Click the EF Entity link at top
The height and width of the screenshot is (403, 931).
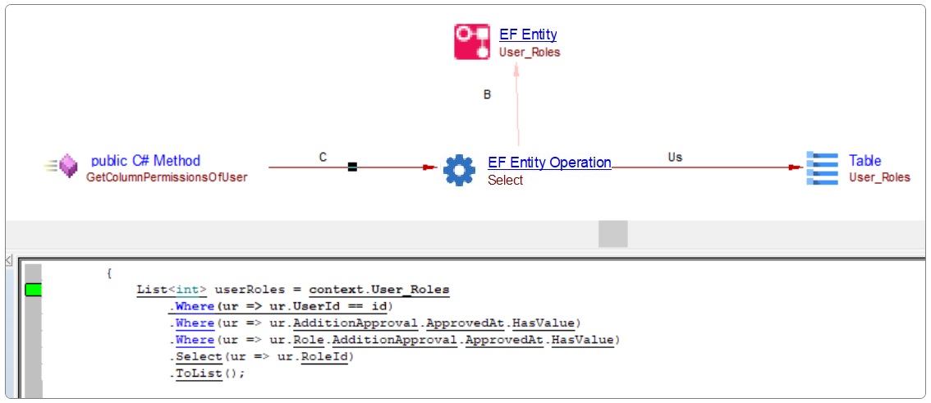pyautogui.click(x=528, y=34)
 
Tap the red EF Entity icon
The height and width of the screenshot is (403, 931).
pyautogui.click(x=472, y=42)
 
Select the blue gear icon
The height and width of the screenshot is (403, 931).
pyautogui.click(x=459, y=170)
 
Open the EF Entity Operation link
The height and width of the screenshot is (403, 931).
pyautogui.click(x=549, y=163)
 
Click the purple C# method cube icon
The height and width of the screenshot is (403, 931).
pyautogui.click(x=67, y=167)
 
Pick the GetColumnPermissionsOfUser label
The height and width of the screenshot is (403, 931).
pyautogui.click(x=167, y=176)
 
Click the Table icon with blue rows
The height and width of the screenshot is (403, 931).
pyautogui.click(x=822, y=167)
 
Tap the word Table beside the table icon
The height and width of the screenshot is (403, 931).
pyautogui.click(x=864, y=161)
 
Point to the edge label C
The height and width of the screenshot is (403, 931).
pyautogui.click(x=323, y=157)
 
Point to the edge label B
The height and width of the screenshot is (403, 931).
pyautogui.click(x=487, y=94)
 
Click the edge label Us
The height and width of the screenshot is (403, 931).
pyautogui.click(x=675, y=157)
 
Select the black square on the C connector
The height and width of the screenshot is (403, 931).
pyautogui.click(x=352, y=167)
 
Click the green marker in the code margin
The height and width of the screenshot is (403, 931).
pyautogui.click(x=33, y=290)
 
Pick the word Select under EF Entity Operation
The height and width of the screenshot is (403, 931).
pyautogui.click(x=505, y=181)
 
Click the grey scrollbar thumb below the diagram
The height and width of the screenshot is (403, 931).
pyautogui.click(x=612, y=233)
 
